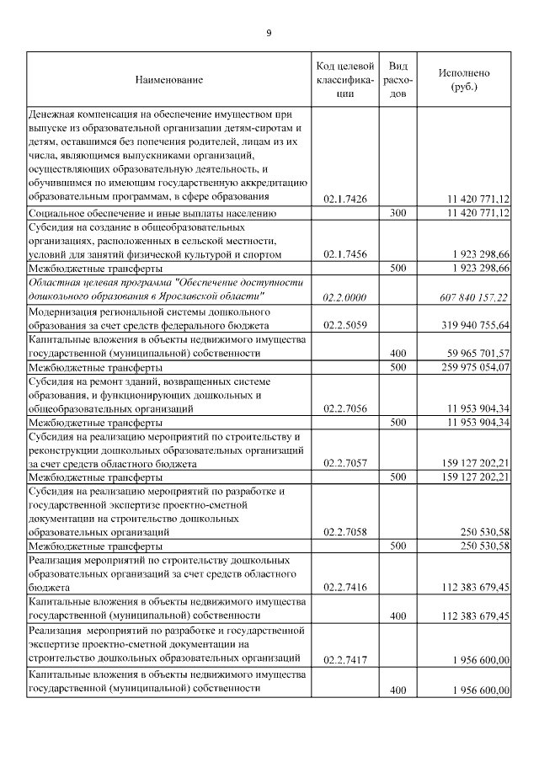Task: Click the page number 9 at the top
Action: click(269, 33)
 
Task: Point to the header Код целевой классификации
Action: click(344, 79)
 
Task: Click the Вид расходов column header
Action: click(399, 79)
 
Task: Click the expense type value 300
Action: click(399, 214)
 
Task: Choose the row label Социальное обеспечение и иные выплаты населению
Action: click(148, 214)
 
